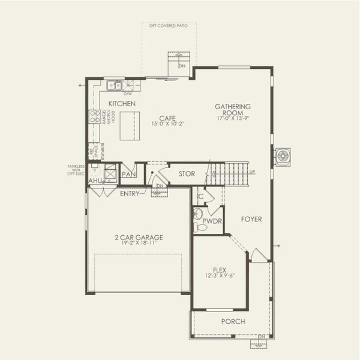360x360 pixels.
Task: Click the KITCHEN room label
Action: tap(122, 104)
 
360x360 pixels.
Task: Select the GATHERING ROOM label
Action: tap(233, 110)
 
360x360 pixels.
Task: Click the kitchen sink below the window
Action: tap(115, 86)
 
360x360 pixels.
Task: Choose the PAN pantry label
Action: tap(128, 174)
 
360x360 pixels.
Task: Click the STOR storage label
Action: tap(187, 174)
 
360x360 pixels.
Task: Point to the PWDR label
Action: tap(212, 221)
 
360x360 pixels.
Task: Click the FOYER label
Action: tap(251, 220)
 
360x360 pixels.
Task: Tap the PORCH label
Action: tap(233, 322)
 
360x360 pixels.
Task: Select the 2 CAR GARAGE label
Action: tap(139, 237)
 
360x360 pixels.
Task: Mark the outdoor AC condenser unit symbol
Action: tap(282, 157)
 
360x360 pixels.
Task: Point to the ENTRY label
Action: tap(130, 193)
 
